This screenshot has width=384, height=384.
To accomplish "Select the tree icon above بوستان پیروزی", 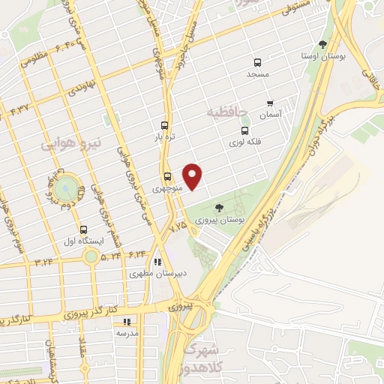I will [x=219, y=207].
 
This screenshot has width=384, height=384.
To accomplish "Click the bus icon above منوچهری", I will [x=166, y=177].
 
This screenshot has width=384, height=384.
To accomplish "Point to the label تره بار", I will [x=164, y=139].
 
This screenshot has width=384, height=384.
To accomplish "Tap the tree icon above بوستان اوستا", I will [x=322, y=43].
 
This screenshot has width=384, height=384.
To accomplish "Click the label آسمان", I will [x=269, y=115].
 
